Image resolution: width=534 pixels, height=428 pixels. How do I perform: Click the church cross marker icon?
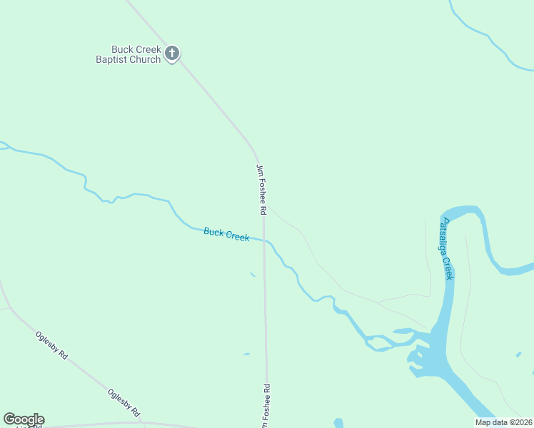171,53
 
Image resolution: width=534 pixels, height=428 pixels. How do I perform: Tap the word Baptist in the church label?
113,60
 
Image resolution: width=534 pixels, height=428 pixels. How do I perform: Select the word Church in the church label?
145,60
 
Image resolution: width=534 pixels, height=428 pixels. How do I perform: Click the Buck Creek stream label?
226,234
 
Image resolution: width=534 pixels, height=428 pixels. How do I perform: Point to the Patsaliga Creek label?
446,248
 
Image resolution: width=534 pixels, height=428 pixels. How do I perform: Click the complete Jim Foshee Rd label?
261,190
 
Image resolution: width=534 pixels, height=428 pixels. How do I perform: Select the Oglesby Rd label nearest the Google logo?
124,403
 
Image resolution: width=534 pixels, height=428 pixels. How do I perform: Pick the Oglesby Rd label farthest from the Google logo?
51,345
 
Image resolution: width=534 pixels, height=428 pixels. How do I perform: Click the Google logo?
24,419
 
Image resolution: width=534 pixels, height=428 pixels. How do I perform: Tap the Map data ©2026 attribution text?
503,422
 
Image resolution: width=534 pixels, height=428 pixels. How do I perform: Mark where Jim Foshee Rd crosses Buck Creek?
264,240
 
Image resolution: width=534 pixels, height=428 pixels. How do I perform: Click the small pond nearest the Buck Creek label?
253,275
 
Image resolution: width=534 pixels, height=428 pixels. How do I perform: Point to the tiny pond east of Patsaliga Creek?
518,355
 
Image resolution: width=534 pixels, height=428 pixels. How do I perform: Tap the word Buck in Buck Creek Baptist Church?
111,50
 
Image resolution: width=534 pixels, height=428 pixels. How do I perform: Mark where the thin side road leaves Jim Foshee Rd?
267,208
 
